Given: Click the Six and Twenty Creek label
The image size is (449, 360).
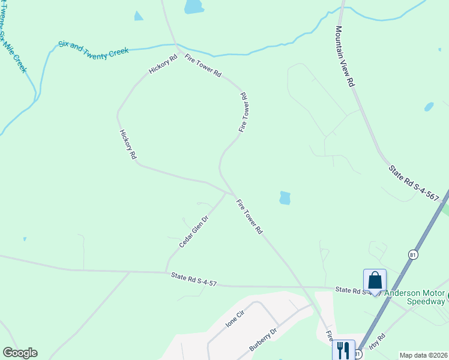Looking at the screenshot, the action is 94,50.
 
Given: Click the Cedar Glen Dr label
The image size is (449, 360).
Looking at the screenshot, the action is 193,232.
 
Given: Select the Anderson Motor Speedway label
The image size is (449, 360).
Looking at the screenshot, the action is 414,298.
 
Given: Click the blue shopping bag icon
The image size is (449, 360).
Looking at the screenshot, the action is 375,280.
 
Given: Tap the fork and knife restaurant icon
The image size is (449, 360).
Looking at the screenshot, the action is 343,349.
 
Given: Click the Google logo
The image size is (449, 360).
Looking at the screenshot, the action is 20,353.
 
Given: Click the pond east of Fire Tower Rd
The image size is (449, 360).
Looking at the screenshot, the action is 285,197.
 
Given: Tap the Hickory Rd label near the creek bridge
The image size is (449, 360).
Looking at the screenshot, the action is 163,65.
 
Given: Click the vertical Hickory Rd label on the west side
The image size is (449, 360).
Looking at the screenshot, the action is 128,144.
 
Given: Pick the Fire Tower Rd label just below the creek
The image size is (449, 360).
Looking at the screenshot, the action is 203,66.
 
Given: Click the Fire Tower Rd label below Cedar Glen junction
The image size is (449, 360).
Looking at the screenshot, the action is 250,216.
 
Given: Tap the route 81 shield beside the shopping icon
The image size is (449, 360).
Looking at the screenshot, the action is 412,255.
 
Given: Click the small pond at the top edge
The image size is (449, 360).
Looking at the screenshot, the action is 194,7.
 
